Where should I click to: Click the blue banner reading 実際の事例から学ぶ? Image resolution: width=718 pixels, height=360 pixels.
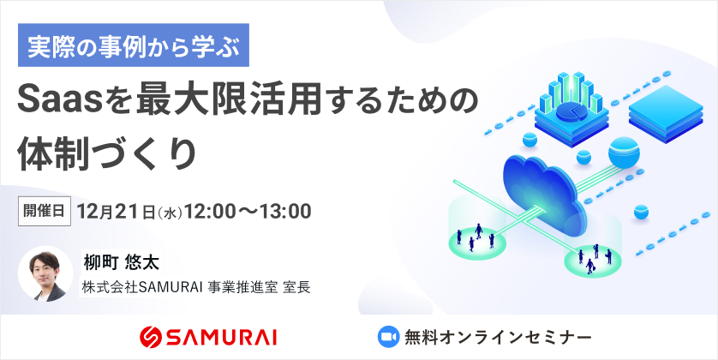pyautogui.click(x=134, y=45)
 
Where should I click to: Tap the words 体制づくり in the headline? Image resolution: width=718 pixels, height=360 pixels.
pyautogui.click(x=106, y=153)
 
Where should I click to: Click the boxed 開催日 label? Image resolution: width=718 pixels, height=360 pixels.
pyautogui.click(x=45, y=211)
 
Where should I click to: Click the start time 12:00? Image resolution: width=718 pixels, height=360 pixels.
pyautogui.click(x=210, y=211)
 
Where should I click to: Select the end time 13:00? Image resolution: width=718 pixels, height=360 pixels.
pyautogui.click(x=285, y=211)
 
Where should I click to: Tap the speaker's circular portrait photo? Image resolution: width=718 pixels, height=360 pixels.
pyautogui.click(x=45, y=274)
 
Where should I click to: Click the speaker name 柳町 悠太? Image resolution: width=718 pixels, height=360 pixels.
pyautogui.click(x=121, y=262)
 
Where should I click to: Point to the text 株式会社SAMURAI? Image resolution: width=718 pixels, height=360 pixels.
pyautogui.click(x=142, y=287)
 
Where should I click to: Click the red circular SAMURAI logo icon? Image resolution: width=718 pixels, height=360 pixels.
pyautogui.click(x=151, y=338)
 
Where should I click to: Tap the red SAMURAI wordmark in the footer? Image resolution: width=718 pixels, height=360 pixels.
pyautogui.click(x=222, y=338)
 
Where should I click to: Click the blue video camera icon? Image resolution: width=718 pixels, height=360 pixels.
pyautogui.click(x=388, y=337)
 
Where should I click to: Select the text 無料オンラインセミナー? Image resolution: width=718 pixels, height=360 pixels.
pyautogui.click(x=498, y=338)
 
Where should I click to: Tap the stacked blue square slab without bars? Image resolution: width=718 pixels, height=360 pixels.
pyautogui.click(x=666, y=113)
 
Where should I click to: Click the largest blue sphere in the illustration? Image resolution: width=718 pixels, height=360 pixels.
pyautogui.click(x=623, y=153)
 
